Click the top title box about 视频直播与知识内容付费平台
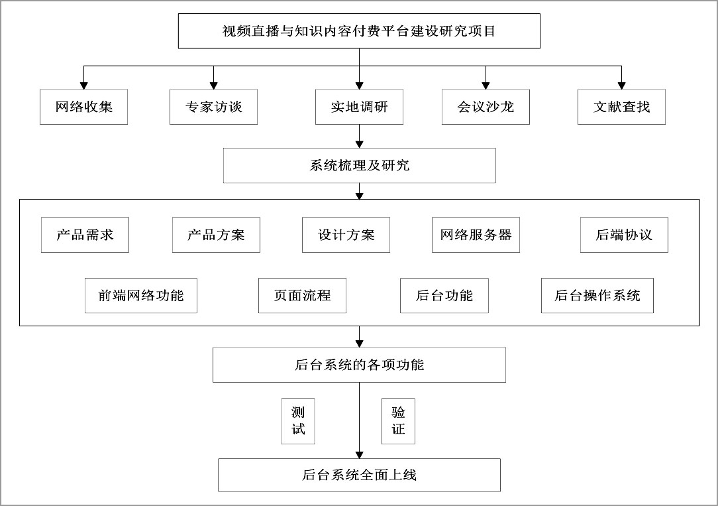359,31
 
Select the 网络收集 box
84,107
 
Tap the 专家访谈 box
213,107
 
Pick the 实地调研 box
360,107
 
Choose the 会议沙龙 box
486,107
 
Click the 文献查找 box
621,107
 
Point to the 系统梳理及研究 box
360,165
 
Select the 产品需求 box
85,235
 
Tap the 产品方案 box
216,235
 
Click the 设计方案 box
346,235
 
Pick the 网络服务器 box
476,235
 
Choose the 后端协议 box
624,235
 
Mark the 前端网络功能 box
141,296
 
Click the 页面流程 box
302,296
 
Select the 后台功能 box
444,296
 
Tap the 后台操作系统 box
597,296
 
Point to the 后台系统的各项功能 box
360,365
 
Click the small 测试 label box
298,421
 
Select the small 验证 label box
398,421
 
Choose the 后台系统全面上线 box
360,475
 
